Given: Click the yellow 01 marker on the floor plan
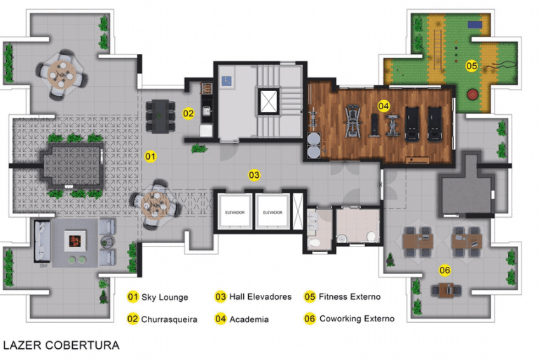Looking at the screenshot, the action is coord(150,157).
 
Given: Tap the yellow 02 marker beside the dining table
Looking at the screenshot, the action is coord(189,113).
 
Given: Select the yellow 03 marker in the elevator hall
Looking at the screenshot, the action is coord(254,175).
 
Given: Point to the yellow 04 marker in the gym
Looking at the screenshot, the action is coord(383,106).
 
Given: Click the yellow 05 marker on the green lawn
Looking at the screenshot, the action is coord(472,66).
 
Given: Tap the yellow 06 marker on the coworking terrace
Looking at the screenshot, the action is coord(445,270).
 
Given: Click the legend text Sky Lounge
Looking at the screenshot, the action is coord(165,297).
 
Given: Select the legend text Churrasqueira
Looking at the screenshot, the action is coord(169,319).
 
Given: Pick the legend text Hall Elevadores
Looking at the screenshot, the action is coord(260,296).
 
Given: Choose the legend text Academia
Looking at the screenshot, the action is coord(249,319).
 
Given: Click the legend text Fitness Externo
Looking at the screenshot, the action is coord(350,296).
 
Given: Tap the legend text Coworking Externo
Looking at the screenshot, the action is coord(357,319).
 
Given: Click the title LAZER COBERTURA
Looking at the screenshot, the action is coord(61,345).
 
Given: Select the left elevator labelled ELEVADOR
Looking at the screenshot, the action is coord(235,212).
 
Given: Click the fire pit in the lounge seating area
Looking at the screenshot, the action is coord(75,241).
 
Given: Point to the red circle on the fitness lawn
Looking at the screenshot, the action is coord(472,94).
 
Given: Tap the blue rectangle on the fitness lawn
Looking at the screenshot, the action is coord(475,25).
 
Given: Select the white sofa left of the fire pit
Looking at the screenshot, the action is coord(42,242).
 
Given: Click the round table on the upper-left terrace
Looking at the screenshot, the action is coord(62,74).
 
